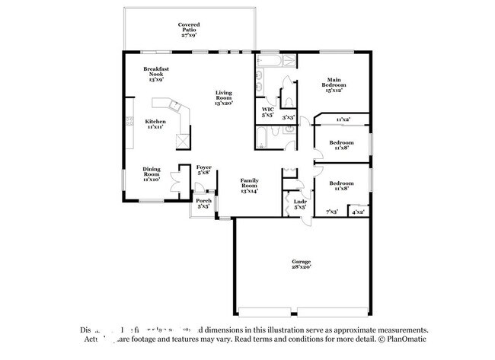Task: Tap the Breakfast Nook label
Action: (156, 71)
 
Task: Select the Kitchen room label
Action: (155, 121)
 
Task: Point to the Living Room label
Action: (223, 94)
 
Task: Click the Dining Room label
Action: (152, 172)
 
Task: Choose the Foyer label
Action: (203, 167)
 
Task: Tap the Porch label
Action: (203, 201)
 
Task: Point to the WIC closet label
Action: (267, 110)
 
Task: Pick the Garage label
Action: (301, 261)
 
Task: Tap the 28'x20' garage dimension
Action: (301, 267)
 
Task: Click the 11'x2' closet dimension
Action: (343, 119)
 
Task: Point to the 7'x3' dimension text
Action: (331, 212)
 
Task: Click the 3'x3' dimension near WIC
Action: (288, 118)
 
